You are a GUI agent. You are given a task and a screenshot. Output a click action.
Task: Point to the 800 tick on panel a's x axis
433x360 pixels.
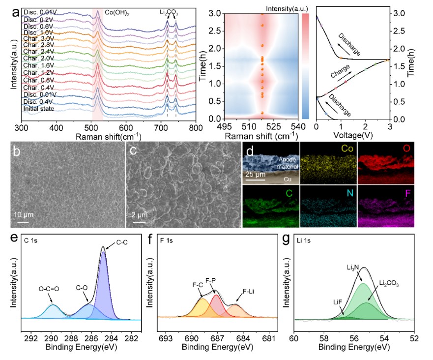click(196, 127)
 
